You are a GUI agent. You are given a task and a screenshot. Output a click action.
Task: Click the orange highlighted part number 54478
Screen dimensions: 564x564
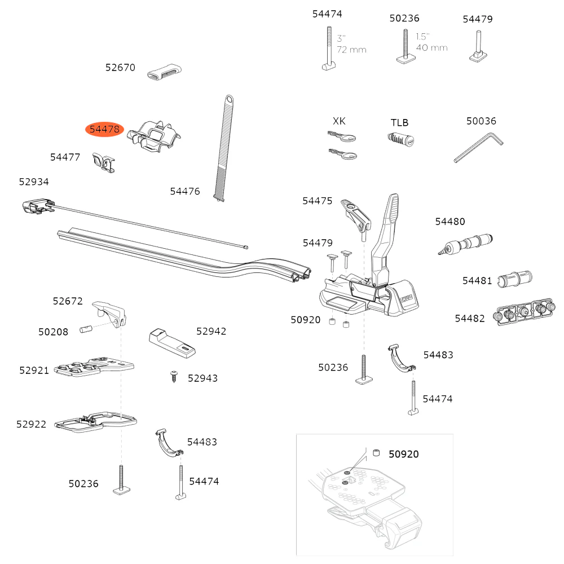104,130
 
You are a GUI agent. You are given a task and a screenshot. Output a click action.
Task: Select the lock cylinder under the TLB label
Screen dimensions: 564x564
402,138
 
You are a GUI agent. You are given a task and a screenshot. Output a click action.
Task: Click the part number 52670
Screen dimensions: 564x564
120,68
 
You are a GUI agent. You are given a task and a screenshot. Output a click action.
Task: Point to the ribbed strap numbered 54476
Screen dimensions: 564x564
224,147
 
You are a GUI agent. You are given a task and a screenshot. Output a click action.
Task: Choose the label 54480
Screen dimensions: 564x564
450,222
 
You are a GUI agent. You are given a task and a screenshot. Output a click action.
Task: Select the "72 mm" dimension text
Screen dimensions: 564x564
351,50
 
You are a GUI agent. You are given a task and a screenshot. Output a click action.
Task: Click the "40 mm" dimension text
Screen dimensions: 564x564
431,47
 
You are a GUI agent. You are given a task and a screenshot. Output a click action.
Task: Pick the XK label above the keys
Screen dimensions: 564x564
339,121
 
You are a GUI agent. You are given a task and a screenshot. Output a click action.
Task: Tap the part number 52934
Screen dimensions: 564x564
34,182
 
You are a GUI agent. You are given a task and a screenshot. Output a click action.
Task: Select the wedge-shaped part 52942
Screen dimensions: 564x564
173,342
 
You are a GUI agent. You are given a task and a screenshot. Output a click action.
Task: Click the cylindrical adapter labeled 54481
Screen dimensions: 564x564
515,279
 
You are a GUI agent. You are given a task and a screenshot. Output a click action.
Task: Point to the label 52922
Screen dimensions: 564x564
32,424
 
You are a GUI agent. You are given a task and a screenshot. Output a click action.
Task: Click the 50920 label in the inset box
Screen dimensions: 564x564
403,454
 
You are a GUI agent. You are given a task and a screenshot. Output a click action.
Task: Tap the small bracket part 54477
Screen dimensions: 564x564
103,162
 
